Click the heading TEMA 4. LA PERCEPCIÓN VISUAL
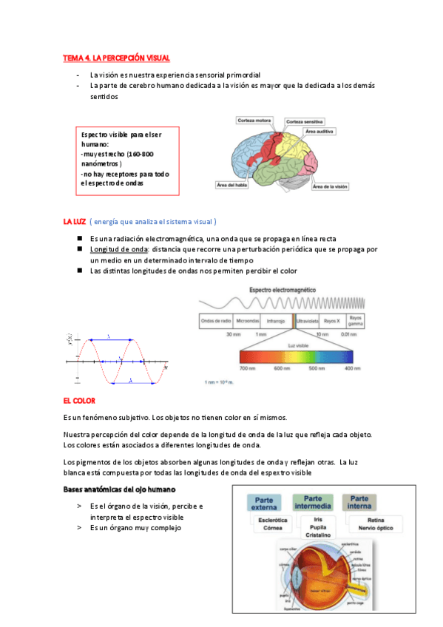pyautogui.click(x=116, y=58)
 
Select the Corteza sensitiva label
pyautogui.click(x=304, y=121)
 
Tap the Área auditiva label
pyautogui.click(x=319, y=131)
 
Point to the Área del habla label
pyautogui.click(x=231, y=185)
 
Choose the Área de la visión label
pyautogui.click(x=330, y=186)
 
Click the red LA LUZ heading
pyautogui.click(x=74, y=221)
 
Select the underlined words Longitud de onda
pyautogui.click(x=115, y=250)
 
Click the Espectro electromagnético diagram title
pyautogui.click(x=283, y=291)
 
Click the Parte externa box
pyautogui.click(x=264, y=504)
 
